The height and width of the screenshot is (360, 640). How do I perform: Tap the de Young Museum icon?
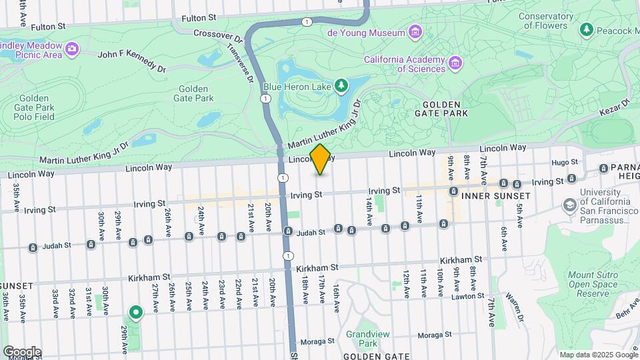[415, 32]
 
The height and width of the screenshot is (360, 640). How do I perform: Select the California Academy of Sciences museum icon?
[455, 63]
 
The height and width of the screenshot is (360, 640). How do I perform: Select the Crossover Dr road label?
[216, 33]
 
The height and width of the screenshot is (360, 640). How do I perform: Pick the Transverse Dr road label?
[241, 63]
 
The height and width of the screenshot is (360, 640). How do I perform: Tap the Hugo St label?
[563, 163]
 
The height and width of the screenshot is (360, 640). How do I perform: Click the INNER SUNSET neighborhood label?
[491, 196]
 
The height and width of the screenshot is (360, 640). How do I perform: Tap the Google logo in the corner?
[21, 351]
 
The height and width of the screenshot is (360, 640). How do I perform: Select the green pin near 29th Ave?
[136, 312]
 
